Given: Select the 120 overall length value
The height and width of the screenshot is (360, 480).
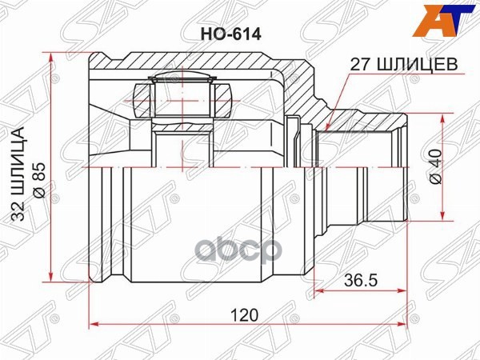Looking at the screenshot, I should (248, 314).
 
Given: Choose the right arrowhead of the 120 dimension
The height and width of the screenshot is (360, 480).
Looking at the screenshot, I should (407, 324).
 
